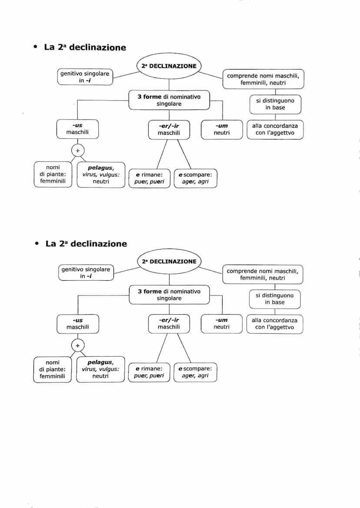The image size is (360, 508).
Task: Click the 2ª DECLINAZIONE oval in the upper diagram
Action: click(169, 66)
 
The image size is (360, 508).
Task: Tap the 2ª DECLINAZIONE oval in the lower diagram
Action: click(169, 262)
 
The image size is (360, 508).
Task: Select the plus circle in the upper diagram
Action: click(77, 150)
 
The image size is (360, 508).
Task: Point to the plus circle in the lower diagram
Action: click(77, 345)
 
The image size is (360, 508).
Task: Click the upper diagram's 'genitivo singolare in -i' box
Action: click(85, 77)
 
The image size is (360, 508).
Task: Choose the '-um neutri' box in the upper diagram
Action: click(222, 129)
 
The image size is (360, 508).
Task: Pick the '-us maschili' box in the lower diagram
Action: click(77, 324)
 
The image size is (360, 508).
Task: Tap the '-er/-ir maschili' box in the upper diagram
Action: click(169, 129)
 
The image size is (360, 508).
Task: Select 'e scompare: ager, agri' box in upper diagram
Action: click(195, 178)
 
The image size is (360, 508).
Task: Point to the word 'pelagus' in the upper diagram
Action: click(100, 168)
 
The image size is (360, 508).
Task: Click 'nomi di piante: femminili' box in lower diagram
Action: click(53, 369)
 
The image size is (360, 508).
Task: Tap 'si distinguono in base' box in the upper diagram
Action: click(275, 104)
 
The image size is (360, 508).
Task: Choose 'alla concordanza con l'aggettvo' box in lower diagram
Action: click(275, 324)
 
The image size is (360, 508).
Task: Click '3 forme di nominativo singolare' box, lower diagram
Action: click(169, 295)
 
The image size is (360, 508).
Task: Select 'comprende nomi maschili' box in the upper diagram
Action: click(263, 79)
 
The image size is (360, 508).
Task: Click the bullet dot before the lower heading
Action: click(37, 244)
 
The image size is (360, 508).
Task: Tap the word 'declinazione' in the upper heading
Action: click(97, 47)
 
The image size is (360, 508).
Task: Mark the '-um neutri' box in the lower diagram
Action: click(222, 324)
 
